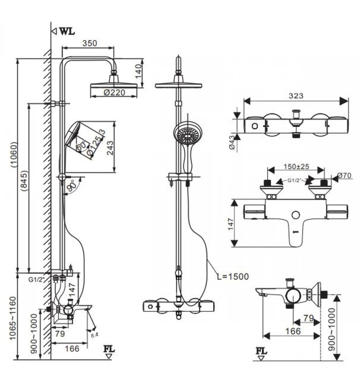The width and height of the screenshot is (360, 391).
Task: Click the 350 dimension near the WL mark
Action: coord(89,42)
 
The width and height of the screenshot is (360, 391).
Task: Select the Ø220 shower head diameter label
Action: coord(115,94)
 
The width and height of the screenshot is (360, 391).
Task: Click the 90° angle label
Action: coord(71,188)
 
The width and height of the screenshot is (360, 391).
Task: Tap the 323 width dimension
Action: coord(296,96)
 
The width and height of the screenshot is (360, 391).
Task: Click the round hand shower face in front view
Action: coord(185,135)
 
